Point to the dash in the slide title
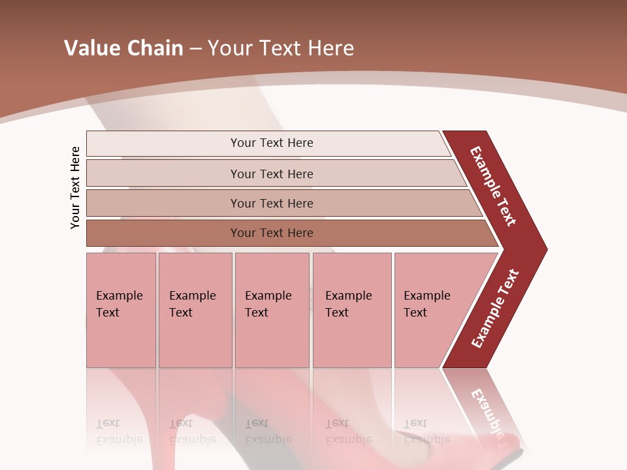195,49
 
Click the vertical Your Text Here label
75,187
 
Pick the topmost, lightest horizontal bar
268,143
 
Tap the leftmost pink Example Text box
121,310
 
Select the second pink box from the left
195,310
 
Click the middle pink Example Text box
272,310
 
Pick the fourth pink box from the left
351,310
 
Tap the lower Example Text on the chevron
495,309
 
